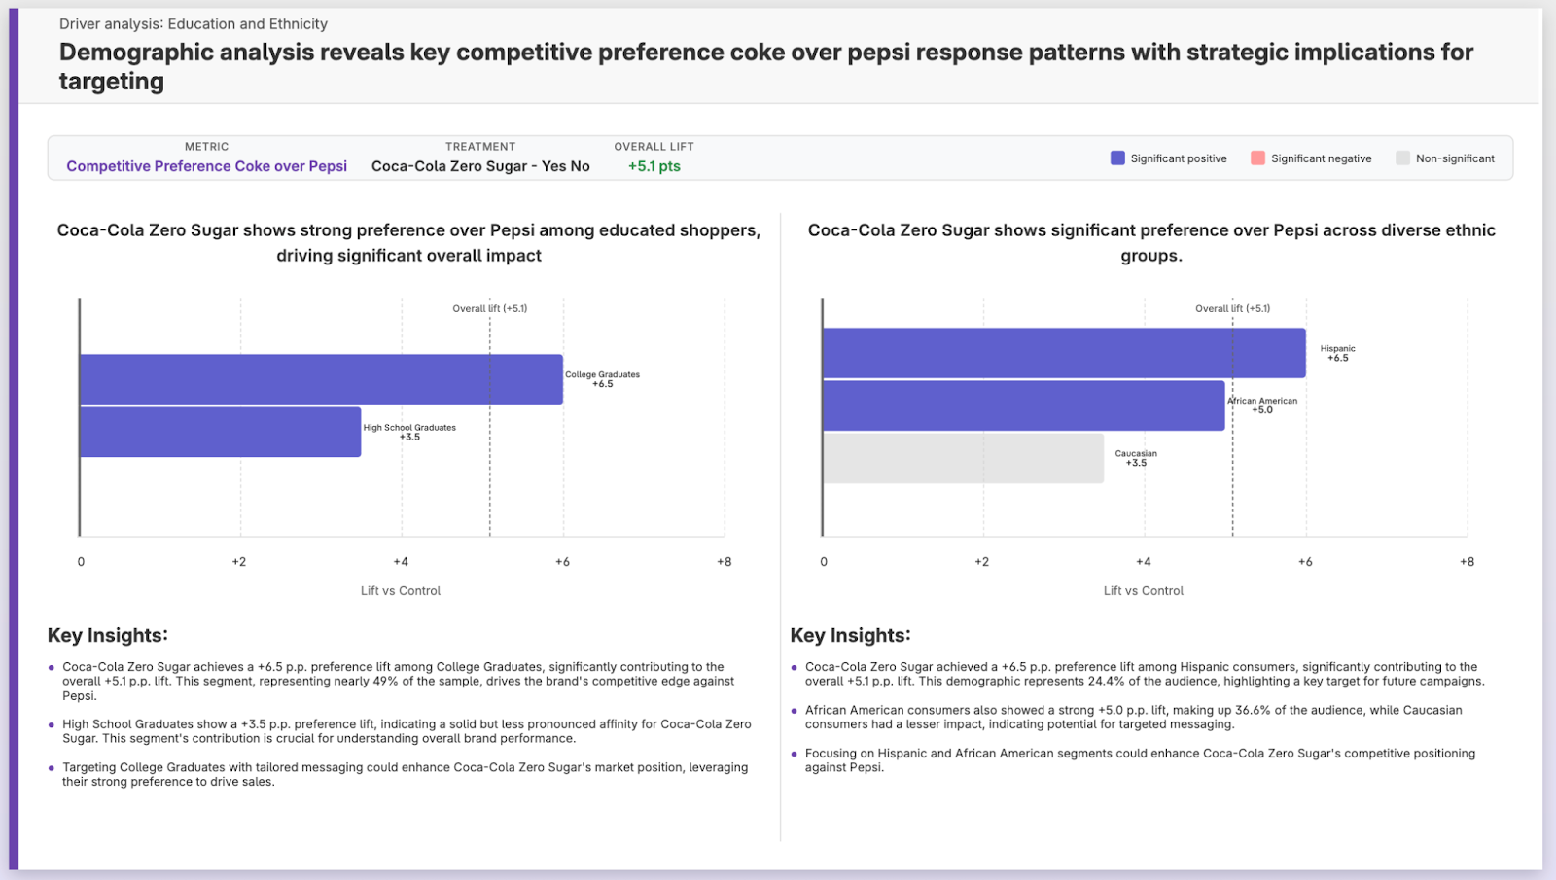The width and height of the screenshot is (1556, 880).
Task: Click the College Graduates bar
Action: pyautogui.click(x=321, y=379)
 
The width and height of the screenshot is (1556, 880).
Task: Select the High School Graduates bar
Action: pyautogui.click(x=220, y=432)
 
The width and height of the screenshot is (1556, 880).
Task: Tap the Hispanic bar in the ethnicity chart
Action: pyautogui.click(x=1064, y=353)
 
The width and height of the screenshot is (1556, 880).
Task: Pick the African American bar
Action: pyautogui.click(x=1023, y=405)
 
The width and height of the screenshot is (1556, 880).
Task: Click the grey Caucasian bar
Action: pyautogui.click(x=963, y=458)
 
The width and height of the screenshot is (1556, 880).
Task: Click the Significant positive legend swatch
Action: pyautogui.click(x=1117, y=158)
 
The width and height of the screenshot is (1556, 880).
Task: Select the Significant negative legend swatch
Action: pyautogui.click(x=1257, y=158)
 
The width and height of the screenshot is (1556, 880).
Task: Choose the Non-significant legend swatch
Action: pyautogui.click(x=1402, y=158)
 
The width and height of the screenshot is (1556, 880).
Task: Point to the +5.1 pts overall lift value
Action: pyautogui.click(x=654, y=166)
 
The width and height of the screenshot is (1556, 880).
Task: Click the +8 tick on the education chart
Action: pyautogui.click(x=724, y=562)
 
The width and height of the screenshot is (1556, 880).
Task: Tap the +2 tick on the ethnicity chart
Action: pyautogui.click(x=981, y=562)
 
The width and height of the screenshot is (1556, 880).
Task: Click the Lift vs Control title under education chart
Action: pyautogui.click(x=401, y=591)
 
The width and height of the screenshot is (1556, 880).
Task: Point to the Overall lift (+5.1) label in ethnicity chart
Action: pyautogui.click(x=1232, y=308)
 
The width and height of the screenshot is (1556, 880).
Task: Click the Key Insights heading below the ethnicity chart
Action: pyautogui.click(x=850, y=635)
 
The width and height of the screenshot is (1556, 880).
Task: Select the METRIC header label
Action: pyautogui.click(x=206, y=147)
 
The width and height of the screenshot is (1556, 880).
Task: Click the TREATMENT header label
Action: pyautogui.click(x=480, y=147)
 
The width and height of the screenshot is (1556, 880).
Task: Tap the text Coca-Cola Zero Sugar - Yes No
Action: pyautogui.click(x=480, y=166)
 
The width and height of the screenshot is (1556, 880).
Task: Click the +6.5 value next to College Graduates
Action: pyautogui.click(x=603, y=384)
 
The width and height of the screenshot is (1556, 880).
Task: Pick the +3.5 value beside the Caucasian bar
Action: pyautogui.click(x=1136, y=463)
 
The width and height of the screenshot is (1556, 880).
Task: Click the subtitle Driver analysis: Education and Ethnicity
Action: pyautogui.click(x=193, y=24)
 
